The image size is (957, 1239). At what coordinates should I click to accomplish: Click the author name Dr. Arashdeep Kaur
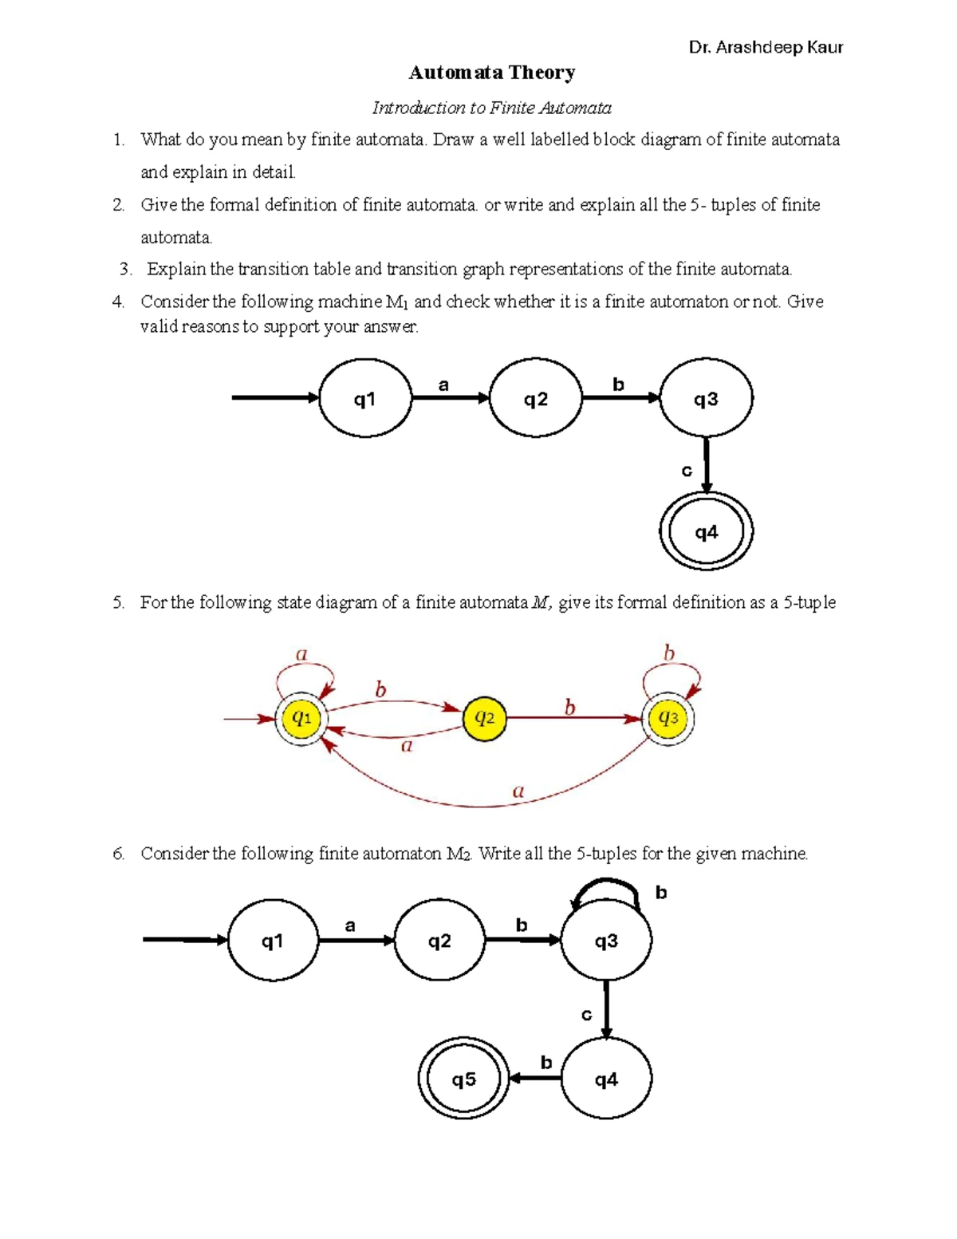766,47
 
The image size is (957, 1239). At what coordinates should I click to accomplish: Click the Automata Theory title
492,73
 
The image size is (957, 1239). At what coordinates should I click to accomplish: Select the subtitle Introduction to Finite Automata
492,108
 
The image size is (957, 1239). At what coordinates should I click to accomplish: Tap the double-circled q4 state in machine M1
706,531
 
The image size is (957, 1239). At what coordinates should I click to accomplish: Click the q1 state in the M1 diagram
364,398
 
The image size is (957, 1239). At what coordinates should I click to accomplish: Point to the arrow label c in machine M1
687,471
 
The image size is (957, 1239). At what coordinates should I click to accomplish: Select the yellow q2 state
484,718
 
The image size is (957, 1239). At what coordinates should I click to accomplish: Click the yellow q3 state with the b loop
668,718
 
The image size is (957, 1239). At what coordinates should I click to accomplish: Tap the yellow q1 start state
301,718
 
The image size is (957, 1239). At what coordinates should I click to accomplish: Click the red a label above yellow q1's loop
301,654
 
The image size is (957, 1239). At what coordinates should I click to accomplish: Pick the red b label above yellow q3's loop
668,653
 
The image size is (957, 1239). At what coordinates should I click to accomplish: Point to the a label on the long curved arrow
518,791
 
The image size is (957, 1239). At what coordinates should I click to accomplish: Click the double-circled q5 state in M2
463,1079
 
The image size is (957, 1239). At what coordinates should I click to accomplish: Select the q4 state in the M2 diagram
606,1079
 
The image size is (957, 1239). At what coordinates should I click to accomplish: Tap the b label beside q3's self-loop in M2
661,892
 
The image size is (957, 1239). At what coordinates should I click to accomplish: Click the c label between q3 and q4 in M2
586,1015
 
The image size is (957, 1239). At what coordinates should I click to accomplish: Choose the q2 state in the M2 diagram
439,941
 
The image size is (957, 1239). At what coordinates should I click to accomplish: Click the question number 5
118,602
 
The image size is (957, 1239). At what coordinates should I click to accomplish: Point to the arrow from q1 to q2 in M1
451,397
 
